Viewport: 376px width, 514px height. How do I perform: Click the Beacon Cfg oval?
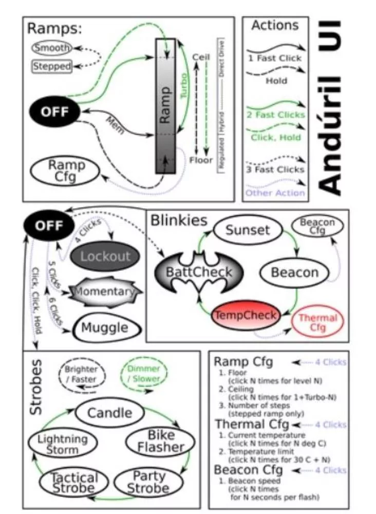tap(317, 226)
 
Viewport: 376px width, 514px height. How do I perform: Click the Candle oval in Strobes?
tap(109, 412)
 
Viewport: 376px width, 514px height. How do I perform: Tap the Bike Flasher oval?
tap(161, 442)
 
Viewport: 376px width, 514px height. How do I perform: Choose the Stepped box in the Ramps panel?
tap(52, 66)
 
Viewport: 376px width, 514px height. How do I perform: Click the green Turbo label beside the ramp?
tap(184, 85)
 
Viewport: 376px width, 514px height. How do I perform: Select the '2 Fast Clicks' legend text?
tap(276, 114)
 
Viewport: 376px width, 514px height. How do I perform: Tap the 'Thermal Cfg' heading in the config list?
tap(252, 425)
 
